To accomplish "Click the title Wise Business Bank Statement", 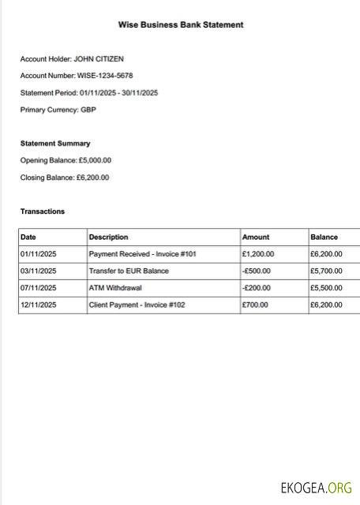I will point(181,25).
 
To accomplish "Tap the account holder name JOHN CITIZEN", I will point(99,58).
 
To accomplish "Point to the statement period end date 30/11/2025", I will point(140,93).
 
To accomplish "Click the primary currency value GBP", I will point(88,110).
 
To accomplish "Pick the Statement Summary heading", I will point(55,144).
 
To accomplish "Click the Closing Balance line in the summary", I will point(65,178).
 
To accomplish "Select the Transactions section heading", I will point(43,211).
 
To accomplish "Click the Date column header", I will point(28,237).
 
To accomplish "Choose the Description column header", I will point(108,237).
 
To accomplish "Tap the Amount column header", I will point(256,237).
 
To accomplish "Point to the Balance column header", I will point(324,237).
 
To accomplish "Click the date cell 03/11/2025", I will point(39,271).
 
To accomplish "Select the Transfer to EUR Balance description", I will point(129,271).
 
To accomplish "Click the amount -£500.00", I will point(257,271).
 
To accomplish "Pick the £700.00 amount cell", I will point(255,305).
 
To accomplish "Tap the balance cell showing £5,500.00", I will point(326,288).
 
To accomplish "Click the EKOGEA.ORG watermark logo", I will point(317,488).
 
